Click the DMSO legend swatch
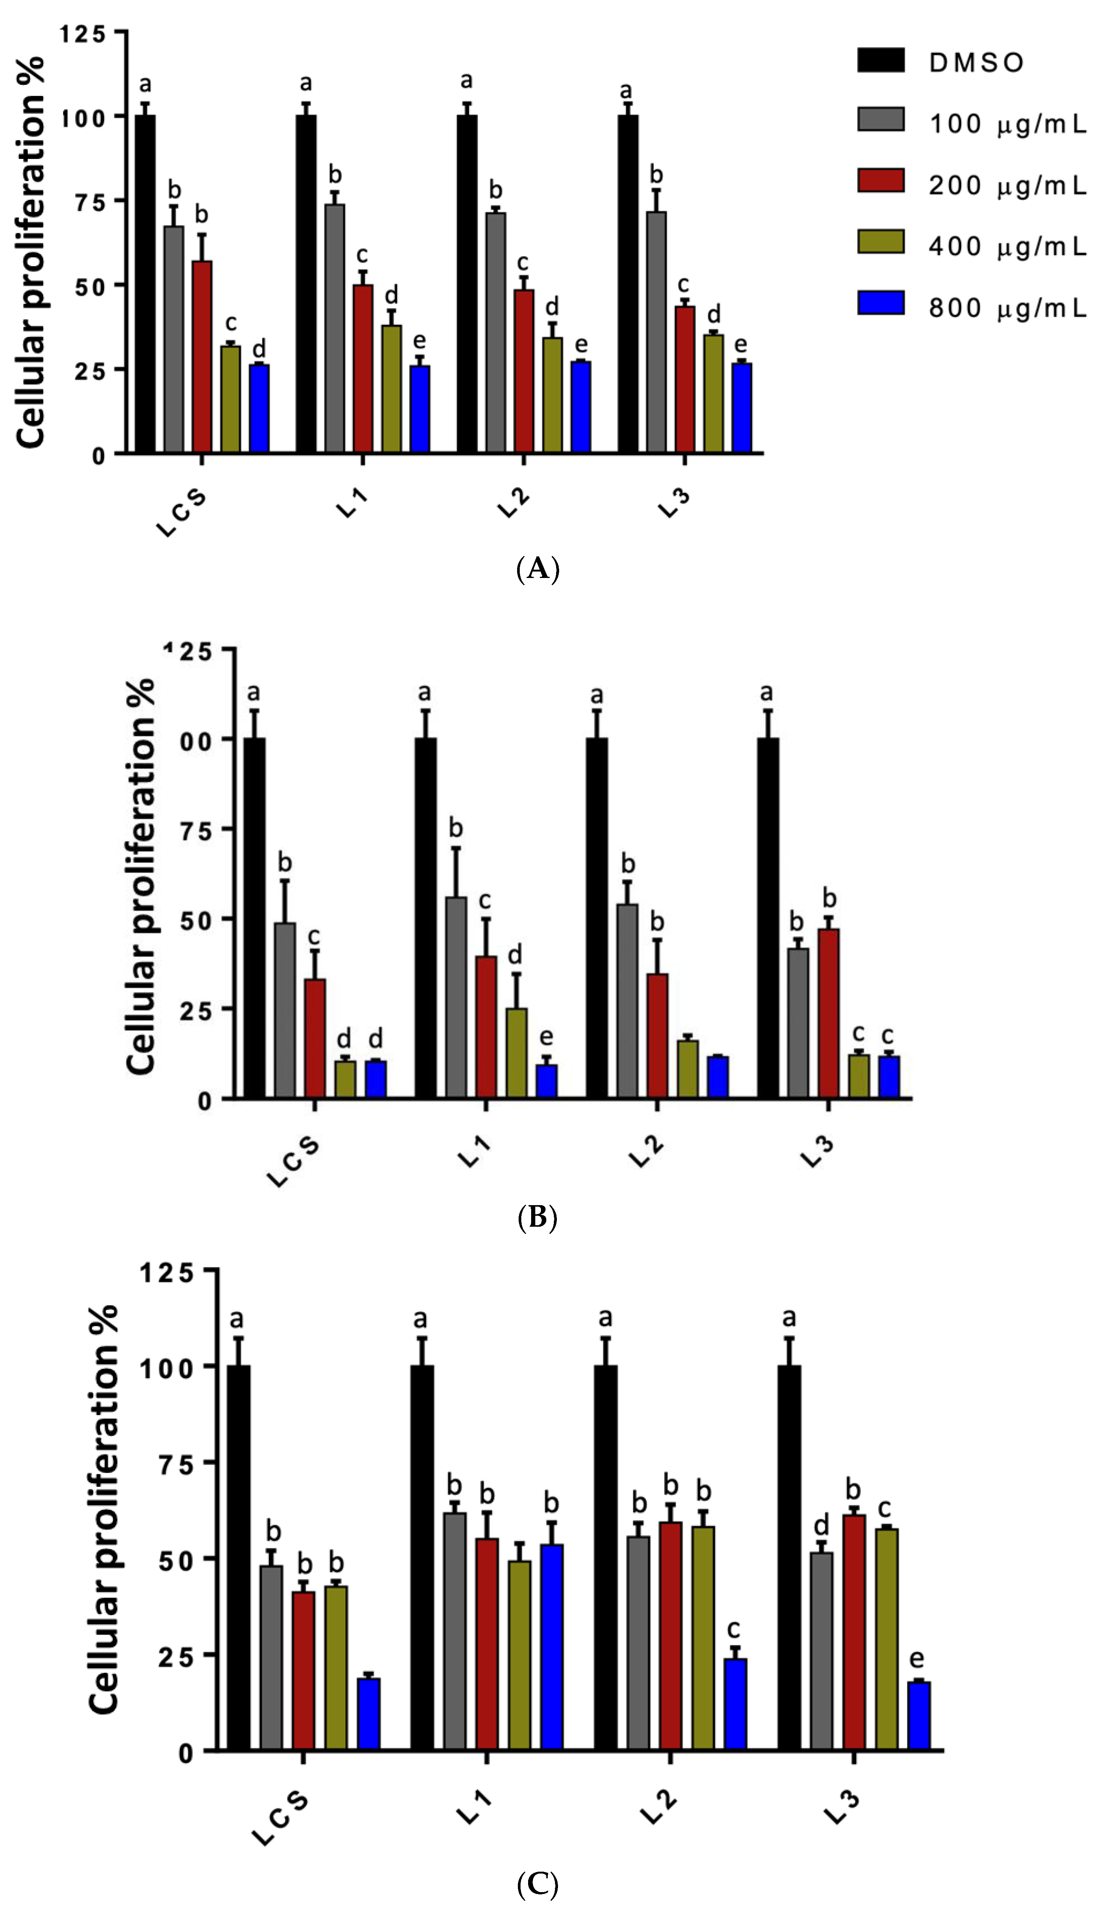[x=880, y=61]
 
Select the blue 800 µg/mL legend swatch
[x=880, y=303]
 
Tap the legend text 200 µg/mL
[x=1007, y=185]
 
